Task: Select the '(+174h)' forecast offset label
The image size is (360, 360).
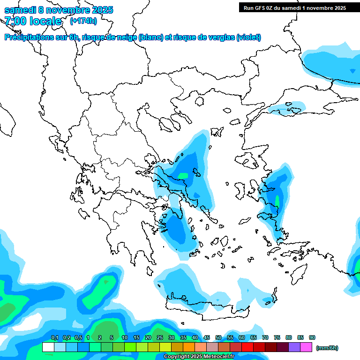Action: pos(83,21)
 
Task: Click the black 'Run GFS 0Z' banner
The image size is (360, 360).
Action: pos(294,7)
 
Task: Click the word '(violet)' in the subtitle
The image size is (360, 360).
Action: pos(248,37)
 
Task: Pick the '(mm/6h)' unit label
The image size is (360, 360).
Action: pos(327,348)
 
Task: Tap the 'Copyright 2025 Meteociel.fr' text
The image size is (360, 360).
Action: pos(199,357)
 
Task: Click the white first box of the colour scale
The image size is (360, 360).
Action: pos(48,347)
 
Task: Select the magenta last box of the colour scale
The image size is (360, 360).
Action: pos(306,347)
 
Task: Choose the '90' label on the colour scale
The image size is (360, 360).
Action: pos(312,337)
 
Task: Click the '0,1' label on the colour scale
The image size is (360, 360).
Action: pos(55,337)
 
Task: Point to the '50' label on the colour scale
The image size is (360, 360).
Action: pos(218,337)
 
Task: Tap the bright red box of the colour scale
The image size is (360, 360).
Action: pos(247,347)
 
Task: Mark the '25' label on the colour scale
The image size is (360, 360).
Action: pos(160,337)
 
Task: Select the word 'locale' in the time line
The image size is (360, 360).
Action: pos(45,21)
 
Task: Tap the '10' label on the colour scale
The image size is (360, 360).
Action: pos(125,337)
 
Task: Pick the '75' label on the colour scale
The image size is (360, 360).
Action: pos(277,337)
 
